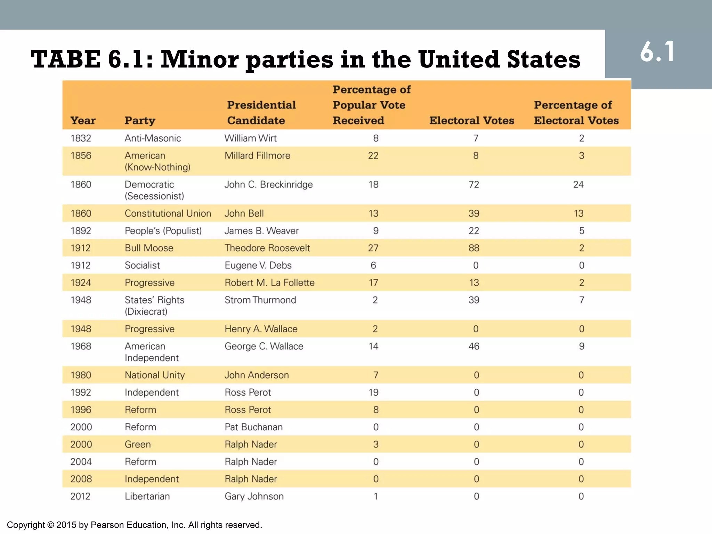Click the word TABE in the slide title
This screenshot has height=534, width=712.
tap(66, 59)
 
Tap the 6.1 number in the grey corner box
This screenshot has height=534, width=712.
tap(657, 52)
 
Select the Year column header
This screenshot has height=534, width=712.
tap(83, 120)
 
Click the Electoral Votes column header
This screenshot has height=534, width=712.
tap(471, 120)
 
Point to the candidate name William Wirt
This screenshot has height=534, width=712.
tap(250, 138)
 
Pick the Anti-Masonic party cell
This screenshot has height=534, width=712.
tap(153, 138)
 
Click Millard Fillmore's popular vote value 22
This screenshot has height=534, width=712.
tap(373, 156)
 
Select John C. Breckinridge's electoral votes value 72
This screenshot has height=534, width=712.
tap(474, 185)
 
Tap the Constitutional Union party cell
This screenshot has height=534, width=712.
tap(168, 213)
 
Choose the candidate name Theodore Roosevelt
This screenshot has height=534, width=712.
tap(267, 248)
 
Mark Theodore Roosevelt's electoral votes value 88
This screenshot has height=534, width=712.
tap(474, 248)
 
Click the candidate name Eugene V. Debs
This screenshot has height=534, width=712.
tap(258, 266)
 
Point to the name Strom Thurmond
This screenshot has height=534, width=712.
tap(260, 300)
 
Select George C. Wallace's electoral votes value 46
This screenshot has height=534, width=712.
tap(474, 346)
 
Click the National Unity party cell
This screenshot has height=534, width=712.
tap(155, 375)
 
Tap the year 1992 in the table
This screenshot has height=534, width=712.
tap(81, 393)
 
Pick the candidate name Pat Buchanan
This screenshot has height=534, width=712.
tap(253, 427)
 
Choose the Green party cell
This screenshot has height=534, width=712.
tap(138, 445)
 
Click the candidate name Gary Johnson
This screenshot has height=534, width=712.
tap(254, 496)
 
